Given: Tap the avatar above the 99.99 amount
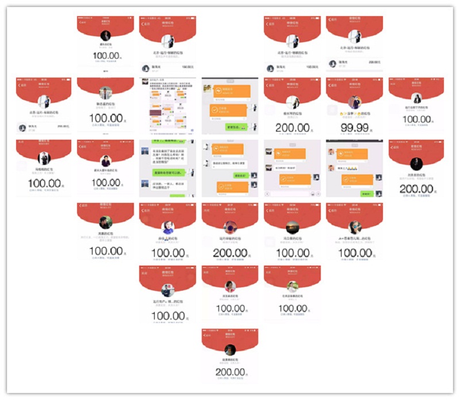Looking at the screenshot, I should [x=354, y=102].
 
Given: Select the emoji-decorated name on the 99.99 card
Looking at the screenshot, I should [x=353, y=114].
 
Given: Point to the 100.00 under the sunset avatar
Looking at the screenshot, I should [x=292, y=253].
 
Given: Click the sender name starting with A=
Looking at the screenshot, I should [x=354, y=238].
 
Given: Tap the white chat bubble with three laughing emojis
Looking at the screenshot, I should [x=347, y=168].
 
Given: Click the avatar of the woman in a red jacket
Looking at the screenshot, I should [x=229, y=286].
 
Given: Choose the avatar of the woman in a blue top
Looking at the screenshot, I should [x=167, y=226].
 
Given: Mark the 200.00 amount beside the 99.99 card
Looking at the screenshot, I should [x=292, y=127].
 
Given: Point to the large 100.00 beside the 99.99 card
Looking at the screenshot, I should [x=416, y=120].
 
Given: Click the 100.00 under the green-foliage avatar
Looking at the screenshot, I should [x=292, y=309].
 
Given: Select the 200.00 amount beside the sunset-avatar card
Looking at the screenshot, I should [x=229, y=253].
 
